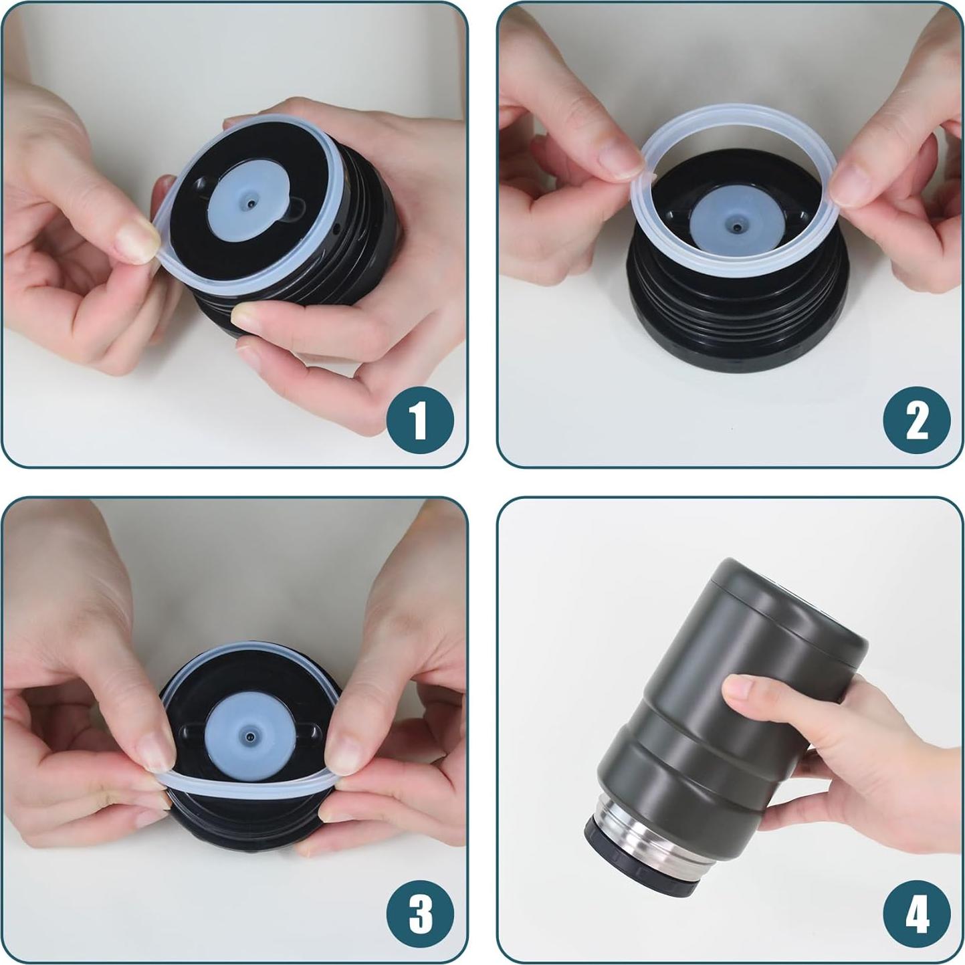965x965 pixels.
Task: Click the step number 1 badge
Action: [x=420, y=421]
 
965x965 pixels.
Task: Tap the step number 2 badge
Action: [x=916, y=421]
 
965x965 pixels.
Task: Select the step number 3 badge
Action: [x=420, y=914]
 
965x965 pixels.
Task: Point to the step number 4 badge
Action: [x=916, y=914]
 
